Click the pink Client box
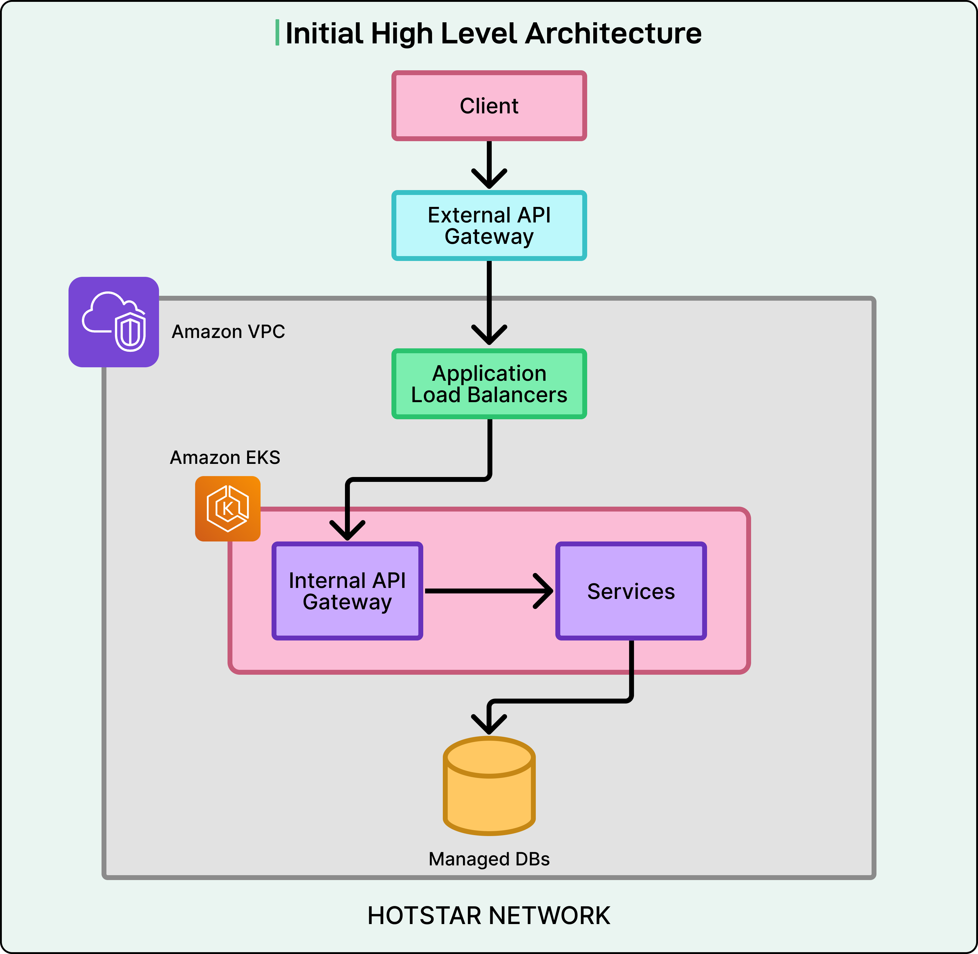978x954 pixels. click(x=489, y=106)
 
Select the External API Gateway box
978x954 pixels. click(x=489, y=226)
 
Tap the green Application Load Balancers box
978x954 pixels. click(x=489, y=384)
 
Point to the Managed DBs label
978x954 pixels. click(x=489, y=859)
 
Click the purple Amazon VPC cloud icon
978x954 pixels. click(x=114, y=322)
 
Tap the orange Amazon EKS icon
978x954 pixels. click(x=228, y=508)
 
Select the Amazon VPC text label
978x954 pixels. click(x=228, y=332)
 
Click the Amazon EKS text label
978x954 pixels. click(x=225, y=457)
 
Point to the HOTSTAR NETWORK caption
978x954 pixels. click(x=489, y=916)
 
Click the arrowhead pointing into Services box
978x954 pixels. click(x=544, y=591)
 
